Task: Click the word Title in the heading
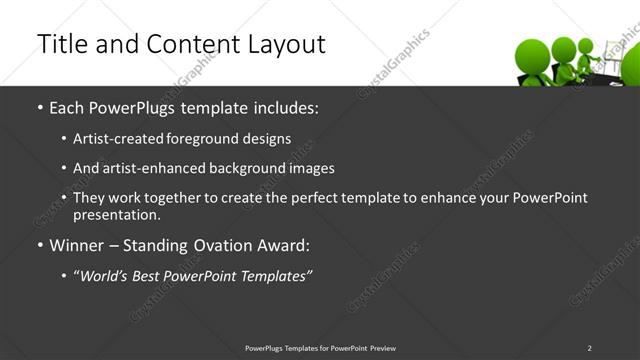coord(59,44)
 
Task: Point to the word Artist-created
coord(111,139)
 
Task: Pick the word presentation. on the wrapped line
coord(116,214)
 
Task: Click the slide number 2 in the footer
coord(589,348)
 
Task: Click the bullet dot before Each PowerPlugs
coord(39,107)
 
